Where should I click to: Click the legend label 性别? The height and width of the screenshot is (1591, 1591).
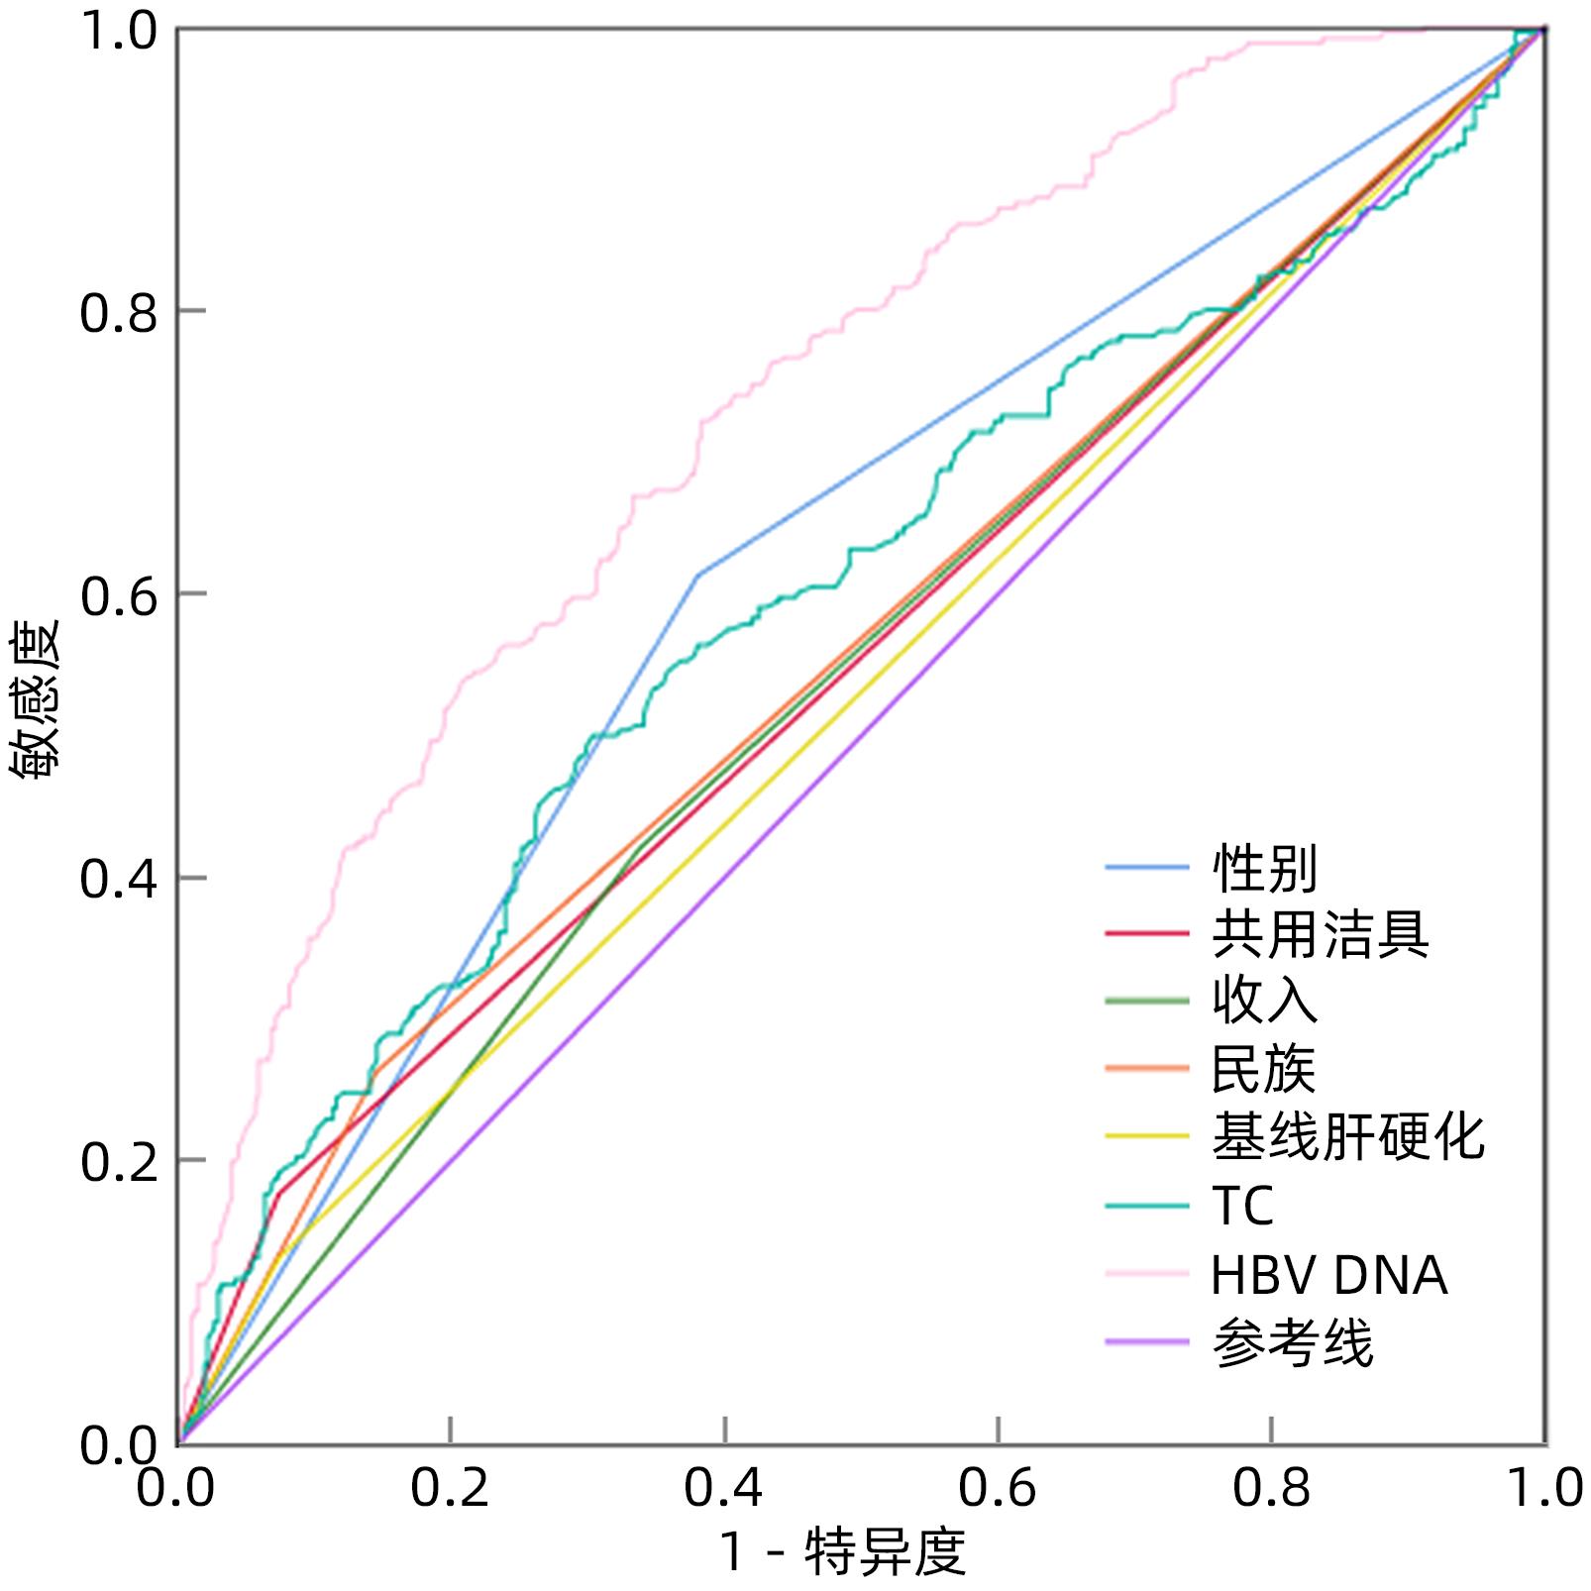pos(1264,869)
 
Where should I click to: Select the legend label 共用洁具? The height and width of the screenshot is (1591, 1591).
pos(1320,934)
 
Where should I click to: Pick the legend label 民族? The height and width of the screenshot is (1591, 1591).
pos(1264,1068)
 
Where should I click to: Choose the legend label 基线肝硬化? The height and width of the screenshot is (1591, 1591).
pos(1347,1136)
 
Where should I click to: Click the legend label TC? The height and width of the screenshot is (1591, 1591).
pos(1242,1206)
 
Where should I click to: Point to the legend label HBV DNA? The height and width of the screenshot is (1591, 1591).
pos(1328,1274)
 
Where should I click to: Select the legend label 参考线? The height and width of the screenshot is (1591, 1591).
pos(1293,1343)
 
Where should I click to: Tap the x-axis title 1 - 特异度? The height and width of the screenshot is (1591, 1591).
pos(843,1551)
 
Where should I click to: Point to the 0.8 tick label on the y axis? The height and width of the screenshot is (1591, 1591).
pos(118,313)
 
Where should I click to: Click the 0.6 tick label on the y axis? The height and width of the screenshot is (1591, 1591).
pos(118,596)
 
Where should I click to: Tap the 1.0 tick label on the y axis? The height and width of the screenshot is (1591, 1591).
pos(118,32)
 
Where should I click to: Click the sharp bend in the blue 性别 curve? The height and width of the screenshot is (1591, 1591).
pos(698,575)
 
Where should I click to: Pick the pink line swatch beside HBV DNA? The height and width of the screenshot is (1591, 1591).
pos(1146,1274)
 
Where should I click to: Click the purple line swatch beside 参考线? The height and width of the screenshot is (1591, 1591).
pos(1146,1342)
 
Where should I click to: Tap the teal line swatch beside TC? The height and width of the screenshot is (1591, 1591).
pos(1146,1206)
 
